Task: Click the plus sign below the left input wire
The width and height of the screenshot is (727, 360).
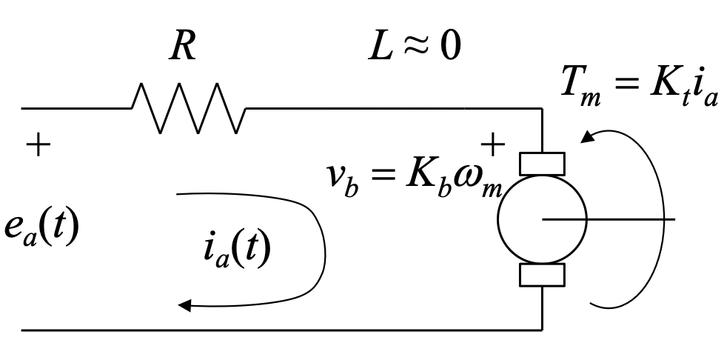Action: tap(35, 144)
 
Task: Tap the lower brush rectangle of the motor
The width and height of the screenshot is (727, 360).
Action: tap(542, 276)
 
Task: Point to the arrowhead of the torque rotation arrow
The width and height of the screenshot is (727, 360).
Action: tap(589, 138)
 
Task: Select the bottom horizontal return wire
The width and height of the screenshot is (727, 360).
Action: tap(281, 329)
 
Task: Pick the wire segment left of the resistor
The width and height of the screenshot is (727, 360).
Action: tap(74, 108)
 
